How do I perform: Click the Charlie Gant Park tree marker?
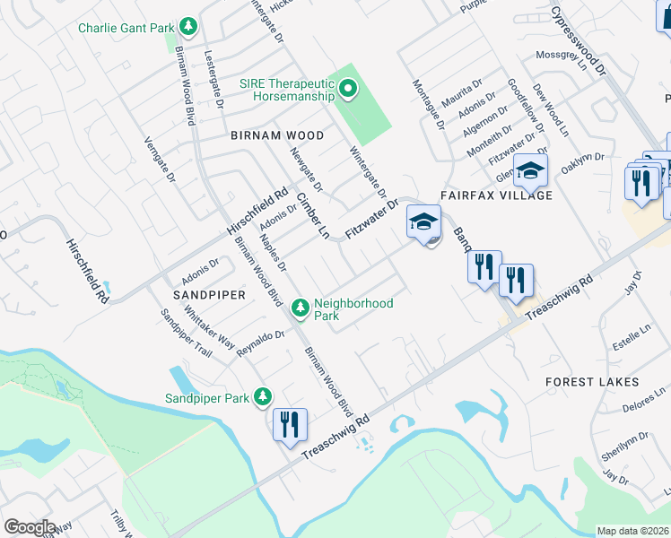click(x=188, y=28)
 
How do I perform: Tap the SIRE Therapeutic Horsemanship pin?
click(x=349, y=88)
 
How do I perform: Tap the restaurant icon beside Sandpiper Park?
click(x=290, y=424)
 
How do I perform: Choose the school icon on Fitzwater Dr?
click(x=424, y=222)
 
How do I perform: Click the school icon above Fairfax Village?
click(x=531, y=169)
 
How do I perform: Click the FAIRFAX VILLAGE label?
click(x=495, y=195)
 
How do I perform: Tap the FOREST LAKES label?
click(x=592, y=382)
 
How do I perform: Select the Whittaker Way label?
click(x=209, y=329)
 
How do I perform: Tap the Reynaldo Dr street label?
click(x=261, y=342)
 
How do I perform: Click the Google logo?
click(x=30, y=527)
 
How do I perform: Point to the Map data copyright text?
click(x=632, y=531)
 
